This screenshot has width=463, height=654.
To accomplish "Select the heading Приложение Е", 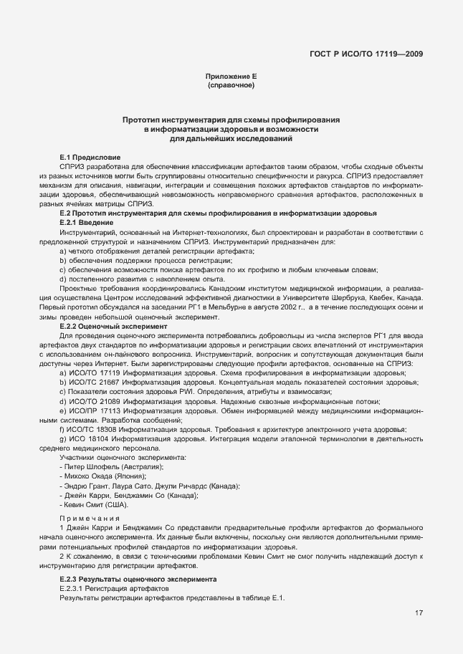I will (231, 76).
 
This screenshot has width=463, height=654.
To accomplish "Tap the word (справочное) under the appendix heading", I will (231, 85).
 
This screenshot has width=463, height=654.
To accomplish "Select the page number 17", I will (418, 612).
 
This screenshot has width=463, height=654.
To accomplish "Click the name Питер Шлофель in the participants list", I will (92, 467).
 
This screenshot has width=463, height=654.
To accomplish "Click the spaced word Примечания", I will (90, 518).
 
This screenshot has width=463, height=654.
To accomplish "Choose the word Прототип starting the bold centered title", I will (141, 120).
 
